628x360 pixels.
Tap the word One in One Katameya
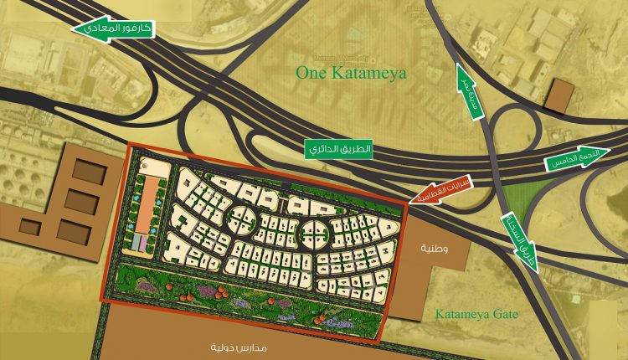310,74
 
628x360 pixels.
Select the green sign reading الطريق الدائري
338,149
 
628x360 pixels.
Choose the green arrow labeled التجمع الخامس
577,163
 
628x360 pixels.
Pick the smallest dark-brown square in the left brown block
31,226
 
